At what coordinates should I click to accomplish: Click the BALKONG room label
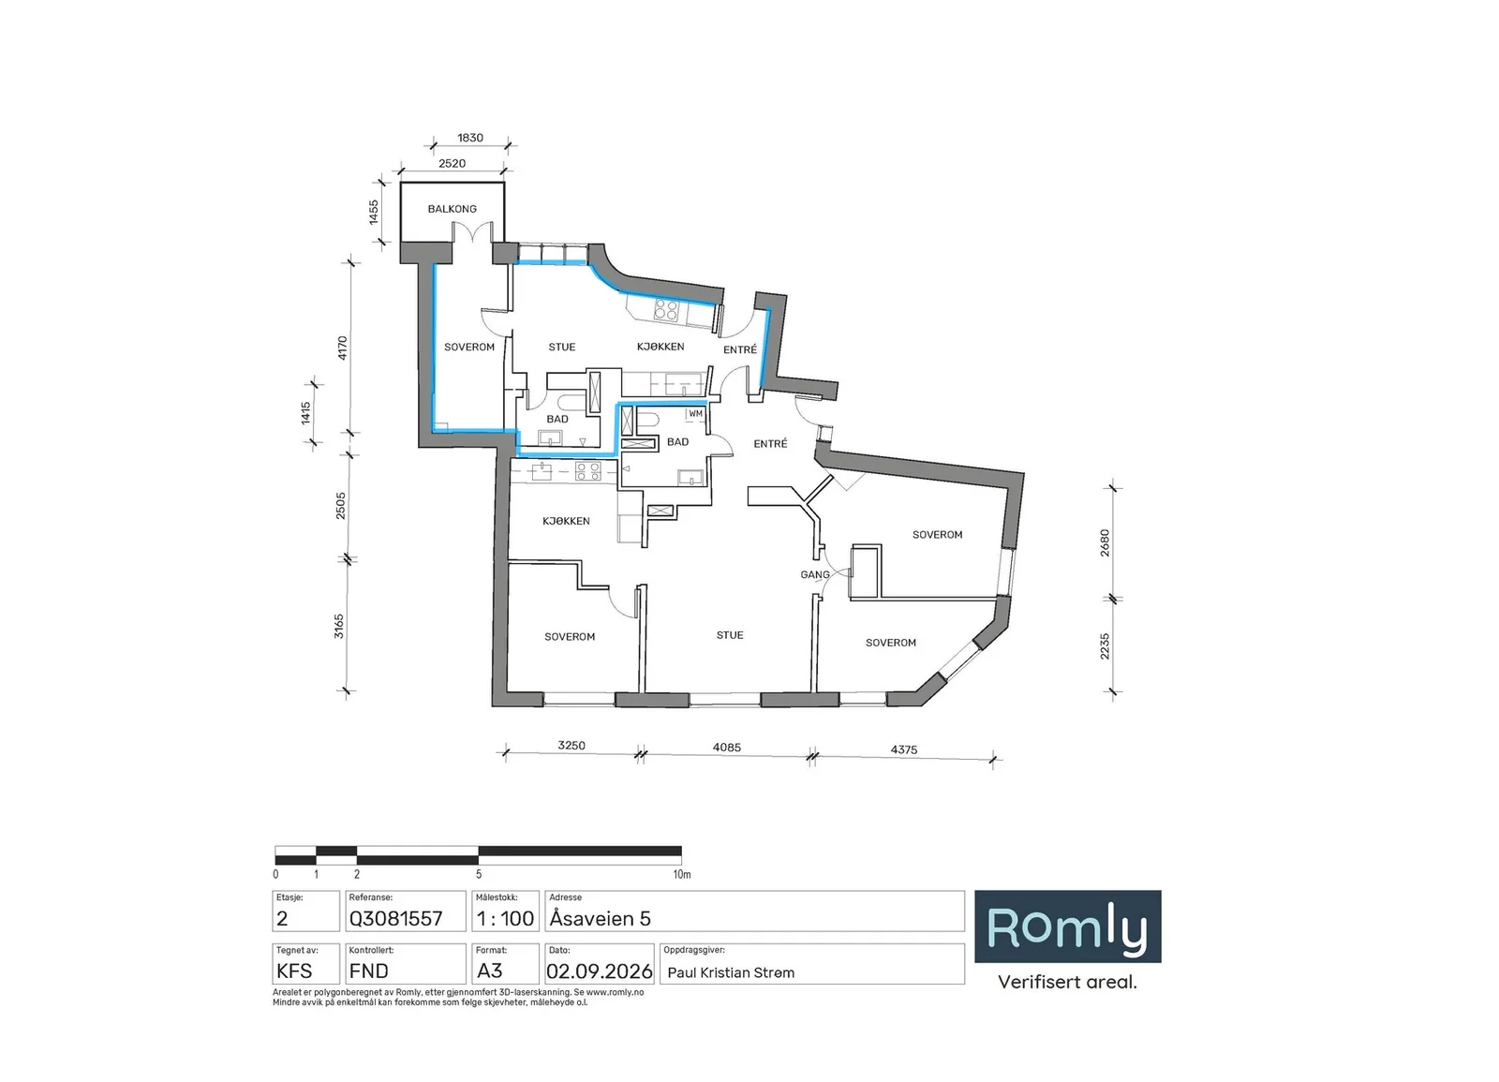(x=453, y=209)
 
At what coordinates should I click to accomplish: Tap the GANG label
(x=815, y=575)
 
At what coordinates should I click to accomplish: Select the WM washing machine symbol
(x=696, y=414)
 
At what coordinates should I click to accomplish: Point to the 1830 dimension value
(x=470, y=138)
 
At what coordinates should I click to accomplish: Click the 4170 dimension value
(x=342, y=348)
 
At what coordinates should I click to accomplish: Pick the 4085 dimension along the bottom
(x=727, y=748)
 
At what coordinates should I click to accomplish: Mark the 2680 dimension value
(x=1105, y=542)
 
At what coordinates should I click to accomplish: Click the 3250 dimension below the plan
(x=571, y=746)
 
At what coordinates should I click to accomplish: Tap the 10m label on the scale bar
(x=682, y=875)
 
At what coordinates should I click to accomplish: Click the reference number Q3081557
(x=395, y=919)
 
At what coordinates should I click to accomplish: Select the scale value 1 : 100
(x=505, y=919)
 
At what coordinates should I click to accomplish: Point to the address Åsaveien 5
(x=601, y=919)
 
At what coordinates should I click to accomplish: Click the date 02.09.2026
(x=600, y=971)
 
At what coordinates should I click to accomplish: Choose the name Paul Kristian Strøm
(x=731, y=973)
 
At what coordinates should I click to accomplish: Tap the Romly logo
(x=1067, y=926)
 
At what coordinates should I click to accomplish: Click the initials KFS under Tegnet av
(x=294, y=971)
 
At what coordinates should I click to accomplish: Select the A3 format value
(x=489, y=971)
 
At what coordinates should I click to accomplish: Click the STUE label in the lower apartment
(x=730, y=636)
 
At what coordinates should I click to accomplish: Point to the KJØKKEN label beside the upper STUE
(x=660, y=347)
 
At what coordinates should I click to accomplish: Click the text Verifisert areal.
(x=1067, y=983)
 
